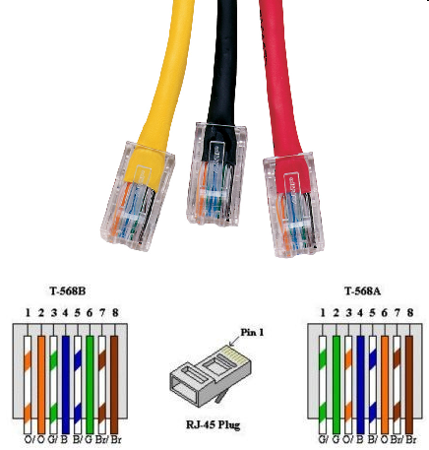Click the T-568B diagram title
[x=68, y=290]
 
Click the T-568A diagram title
[x=362, y=290]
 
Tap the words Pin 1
[x=252, y=332]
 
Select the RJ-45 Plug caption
[x=214, y=424]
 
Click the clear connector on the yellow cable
[x=137, y=197]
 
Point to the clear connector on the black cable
[x=216, y=174]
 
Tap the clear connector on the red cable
[x=293, y=205]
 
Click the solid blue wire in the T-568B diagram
[x=66, y=385]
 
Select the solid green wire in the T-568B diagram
[x=90, y=385]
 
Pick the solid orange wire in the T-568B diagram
[x=41, y=385]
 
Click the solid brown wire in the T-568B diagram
[x=114, y=385]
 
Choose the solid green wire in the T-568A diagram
[x=337, y=385]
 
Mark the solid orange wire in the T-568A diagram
[x=385, y=385]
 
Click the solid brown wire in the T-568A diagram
[x=409, y=385]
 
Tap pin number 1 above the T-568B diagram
[x=28, y=313]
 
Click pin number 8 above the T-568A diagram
[x=410, y=313]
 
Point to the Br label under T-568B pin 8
[x=116, y=439]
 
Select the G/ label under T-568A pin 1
[x=323, y=439]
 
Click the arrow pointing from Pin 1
[x=234, y=341]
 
